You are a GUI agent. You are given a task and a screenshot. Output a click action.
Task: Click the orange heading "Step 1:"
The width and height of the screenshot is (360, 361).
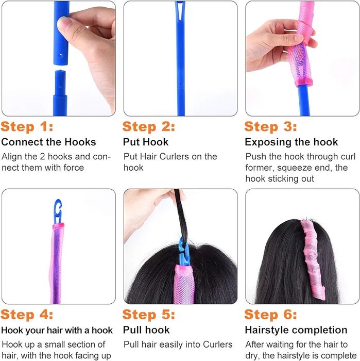tap(27, 127)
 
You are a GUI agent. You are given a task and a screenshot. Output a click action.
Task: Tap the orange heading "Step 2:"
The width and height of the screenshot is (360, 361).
tap(149, 127)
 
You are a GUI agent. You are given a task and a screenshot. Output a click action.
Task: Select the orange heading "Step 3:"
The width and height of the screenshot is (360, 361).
tap(270, 127)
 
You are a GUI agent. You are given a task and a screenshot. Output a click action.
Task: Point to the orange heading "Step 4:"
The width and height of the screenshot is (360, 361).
tap(27, 315)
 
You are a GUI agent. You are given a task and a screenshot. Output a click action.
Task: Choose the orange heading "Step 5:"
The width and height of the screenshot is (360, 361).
tap(149, 315)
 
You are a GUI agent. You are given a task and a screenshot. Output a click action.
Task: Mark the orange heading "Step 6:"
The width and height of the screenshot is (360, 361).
tap(270, 315)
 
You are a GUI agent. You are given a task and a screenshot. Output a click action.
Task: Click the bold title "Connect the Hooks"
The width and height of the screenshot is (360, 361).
tap(48, 142)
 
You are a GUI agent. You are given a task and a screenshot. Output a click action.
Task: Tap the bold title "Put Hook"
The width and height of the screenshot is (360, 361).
tap(146, 142)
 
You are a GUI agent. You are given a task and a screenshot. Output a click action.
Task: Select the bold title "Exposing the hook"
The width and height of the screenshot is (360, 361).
tap(292, 142)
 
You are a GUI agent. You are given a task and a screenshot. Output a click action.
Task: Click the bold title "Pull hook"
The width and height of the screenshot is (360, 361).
tap(146, 330)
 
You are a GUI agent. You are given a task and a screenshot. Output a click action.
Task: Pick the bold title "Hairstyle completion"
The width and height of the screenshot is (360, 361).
tap(296, 330)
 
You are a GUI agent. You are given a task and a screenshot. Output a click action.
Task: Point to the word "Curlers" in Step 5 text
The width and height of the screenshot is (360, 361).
tap(218, 344)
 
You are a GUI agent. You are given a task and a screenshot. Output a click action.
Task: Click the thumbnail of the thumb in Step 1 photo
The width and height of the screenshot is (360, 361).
tap(64, 24)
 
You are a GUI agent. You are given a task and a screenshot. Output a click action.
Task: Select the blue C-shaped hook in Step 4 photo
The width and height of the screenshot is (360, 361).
tap(58, 211)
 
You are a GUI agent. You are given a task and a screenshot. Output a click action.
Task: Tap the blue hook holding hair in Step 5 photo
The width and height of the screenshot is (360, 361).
tap(184, 252)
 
